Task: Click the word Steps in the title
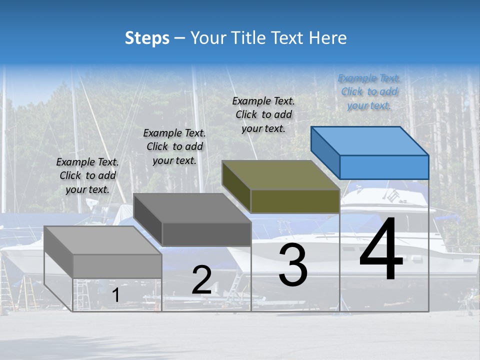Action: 147,38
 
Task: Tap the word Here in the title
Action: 328,38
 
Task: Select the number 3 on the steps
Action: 292,265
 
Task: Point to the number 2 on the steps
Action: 201,280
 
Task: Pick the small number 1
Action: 115,295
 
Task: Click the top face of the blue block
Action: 370,140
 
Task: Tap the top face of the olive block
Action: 281,175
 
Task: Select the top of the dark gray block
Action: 192,208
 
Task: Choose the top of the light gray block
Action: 103,240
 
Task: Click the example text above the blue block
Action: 369,92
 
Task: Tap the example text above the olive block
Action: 263,114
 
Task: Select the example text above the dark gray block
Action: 174,146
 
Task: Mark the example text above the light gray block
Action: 87,175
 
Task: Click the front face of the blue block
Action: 384,167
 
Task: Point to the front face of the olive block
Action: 295,201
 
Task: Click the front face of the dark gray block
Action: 206,234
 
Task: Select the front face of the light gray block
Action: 117,266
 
